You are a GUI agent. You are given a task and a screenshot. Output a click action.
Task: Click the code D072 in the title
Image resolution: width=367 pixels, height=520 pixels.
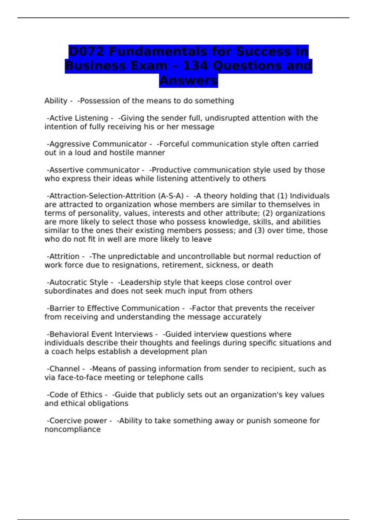[x=86, y=51]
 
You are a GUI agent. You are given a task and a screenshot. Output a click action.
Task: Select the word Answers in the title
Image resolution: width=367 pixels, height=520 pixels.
[x=188, y=81]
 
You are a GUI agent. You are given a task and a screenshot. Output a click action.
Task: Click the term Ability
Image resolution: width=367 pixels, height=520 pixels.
[x=56, y=101]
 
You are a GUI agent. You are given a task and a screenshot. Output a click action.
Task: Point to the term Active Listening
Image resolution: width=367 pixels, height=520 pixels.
[x=79, y=118]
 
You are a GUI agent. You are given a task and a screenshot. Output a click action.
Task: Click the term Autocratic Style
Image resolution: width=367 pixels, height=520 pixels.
[x=79, y=282]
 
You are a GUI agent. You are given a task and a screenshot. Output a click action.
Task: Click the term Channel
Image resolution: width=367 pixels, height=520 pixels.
[x=65, y=369]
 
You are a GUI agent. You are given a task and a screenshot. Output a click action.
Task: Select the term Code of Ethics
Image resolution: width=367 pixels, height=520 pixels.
[x=76, y=395]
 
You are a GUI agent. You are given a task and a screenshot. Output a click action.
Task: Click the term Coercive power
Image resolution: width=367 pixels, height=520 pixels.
[x=78, y=421]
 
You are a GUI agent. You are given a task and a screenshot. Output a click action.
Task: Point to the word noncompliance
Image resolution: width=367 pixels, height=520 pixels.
[x=72, y=429]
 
